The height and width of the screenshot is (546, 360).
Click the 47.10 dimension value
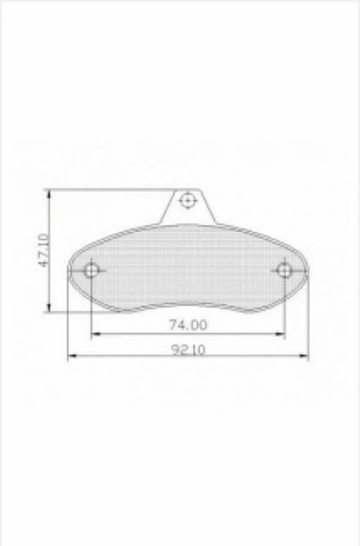point(44,250)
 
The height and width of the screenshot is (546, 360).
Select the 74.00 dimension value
point(188,324)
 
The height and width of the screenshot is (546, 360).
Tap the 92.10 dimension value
point(189,350)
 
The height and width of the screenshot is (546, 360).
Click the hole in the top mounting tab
point(187,200)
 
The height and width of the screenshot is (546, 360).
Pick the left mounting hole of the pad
point(91,270)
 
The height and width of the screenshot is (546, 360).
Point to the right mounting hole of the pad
point(285,270)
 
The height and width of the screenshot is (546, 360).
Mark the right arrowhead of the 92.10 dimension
point(304,356)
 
